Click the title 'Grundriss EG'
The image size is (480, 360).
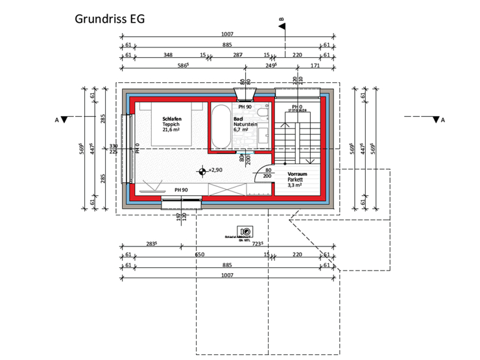[x=110, y=18]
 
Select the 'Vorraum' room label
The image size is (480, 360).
[x=297, y=174]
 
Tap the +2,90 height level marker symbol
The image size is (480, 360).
[x=203, y=171]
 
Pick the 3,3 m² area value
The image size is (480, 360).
[x=295, y=186]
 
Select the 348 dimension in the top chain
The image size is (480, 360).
[x=167, y=55]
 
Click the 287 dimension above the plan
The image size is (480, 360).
[x=237, y=55]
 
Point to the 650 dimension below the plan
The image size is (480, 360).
[x=200, y=255]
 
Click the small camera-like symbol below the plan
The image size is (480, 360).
[x=245, y=232]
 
